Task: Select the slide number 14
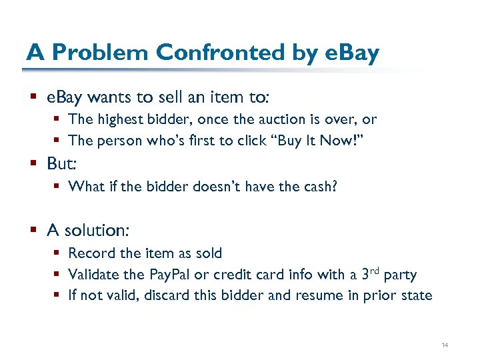click(x=445, y=345)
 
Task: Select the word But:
click(x=61, y=163)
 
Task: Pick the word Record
click(x=89, y=253)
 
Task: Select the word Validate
click(x=93, y=274)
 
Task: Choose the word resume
click(x=322, y=295)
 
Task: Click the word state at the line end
click(x=416, y=295)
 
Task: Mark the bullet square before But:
click(x=33, y=163)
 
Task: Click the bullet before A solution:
click(x=33, y=231)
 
